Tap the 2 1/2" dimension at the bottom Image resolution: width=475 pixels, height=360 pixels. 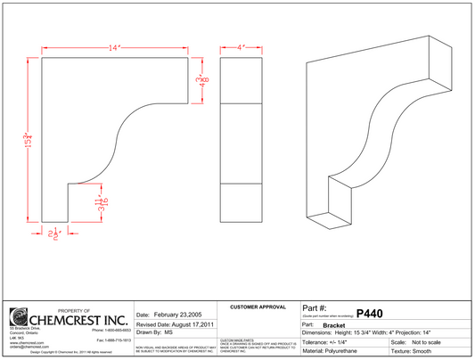pos(57,234)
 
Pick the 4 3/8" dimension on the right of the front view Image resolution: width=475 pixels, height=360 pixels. pos(202,82)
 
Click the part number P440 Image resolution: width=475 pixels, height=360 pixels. pos(368,313)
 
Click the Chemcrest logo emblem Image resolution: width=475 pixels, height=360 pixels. pos(19,318)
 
